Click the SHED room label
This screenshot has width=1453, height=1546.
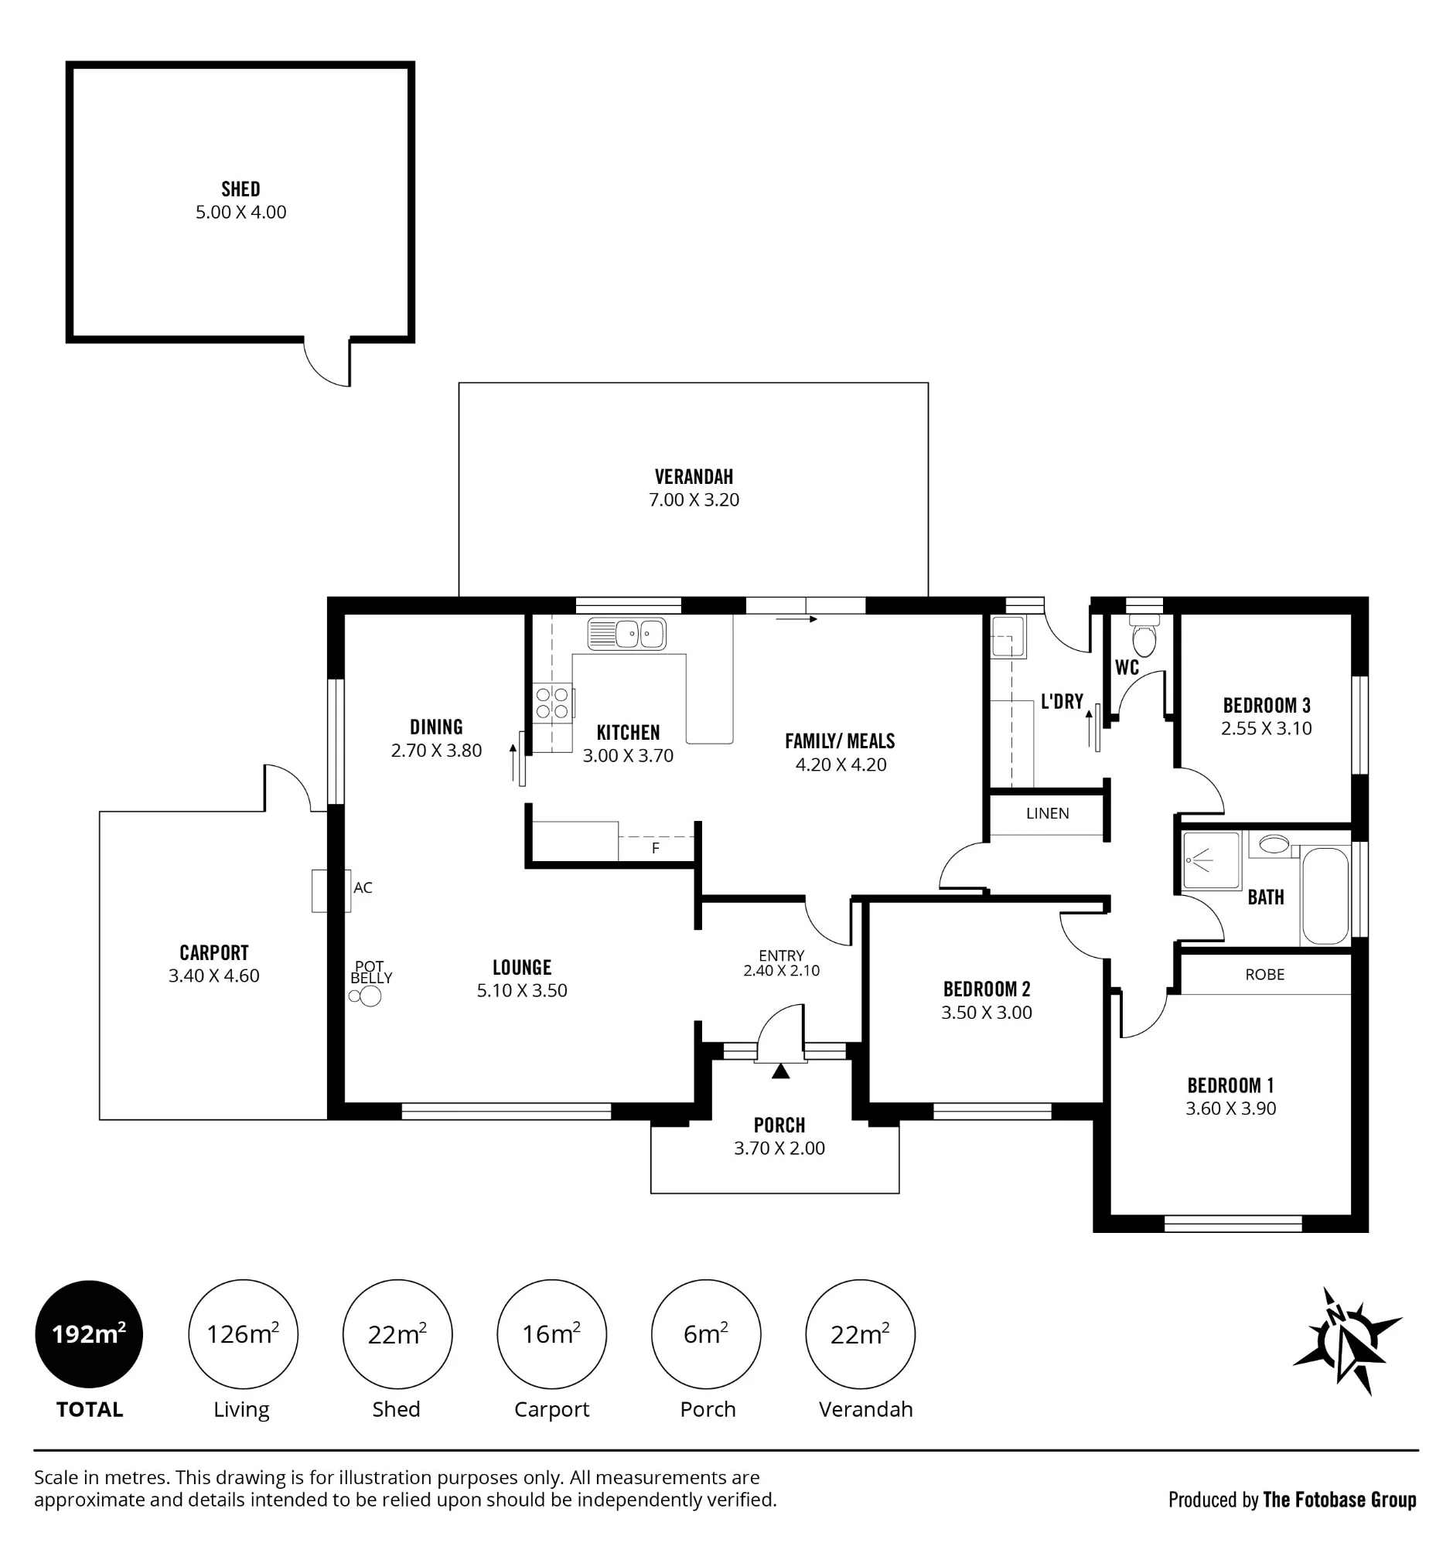point(240,189)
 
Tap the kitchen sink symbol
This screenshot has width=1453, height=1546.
point(626,634)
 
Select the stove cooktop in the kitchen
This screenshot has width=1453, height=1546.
point(552,702)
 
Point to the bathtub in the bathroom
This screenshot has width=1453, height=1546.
point(1325,895)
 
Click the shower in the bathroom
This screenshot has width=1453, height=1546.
point(1210,861)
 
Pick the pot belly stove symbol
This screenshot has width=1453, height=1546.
point(367,996)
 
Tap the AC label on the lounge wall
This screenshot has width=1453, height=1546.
point(363,887)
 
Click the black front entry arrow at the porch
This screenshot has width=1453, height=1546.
point(780,1071)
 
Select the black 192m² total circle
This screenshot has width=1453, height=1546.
point(90,1333)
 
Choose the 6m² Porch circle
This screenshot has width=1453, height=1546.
point(706,1333)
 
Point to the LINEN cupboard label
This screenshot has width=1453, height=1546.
point(1047,813)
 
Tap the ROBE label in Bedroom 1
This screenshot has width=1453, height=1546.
point(1265,975)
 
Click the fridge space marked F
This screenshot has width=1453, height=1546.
point(656,848)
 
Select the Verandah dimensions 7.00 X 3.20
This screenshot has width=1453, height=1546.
point(694,500)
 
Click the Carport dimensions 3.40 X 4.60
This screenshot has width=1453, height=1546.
point(214,976)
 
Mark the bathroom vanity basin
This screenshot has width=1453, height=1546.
point(1274,843)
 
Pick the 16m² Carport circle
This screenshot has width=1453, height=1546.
point(552,1333)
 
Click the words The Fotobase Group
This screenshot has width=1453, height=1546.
point(1339,1500)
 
